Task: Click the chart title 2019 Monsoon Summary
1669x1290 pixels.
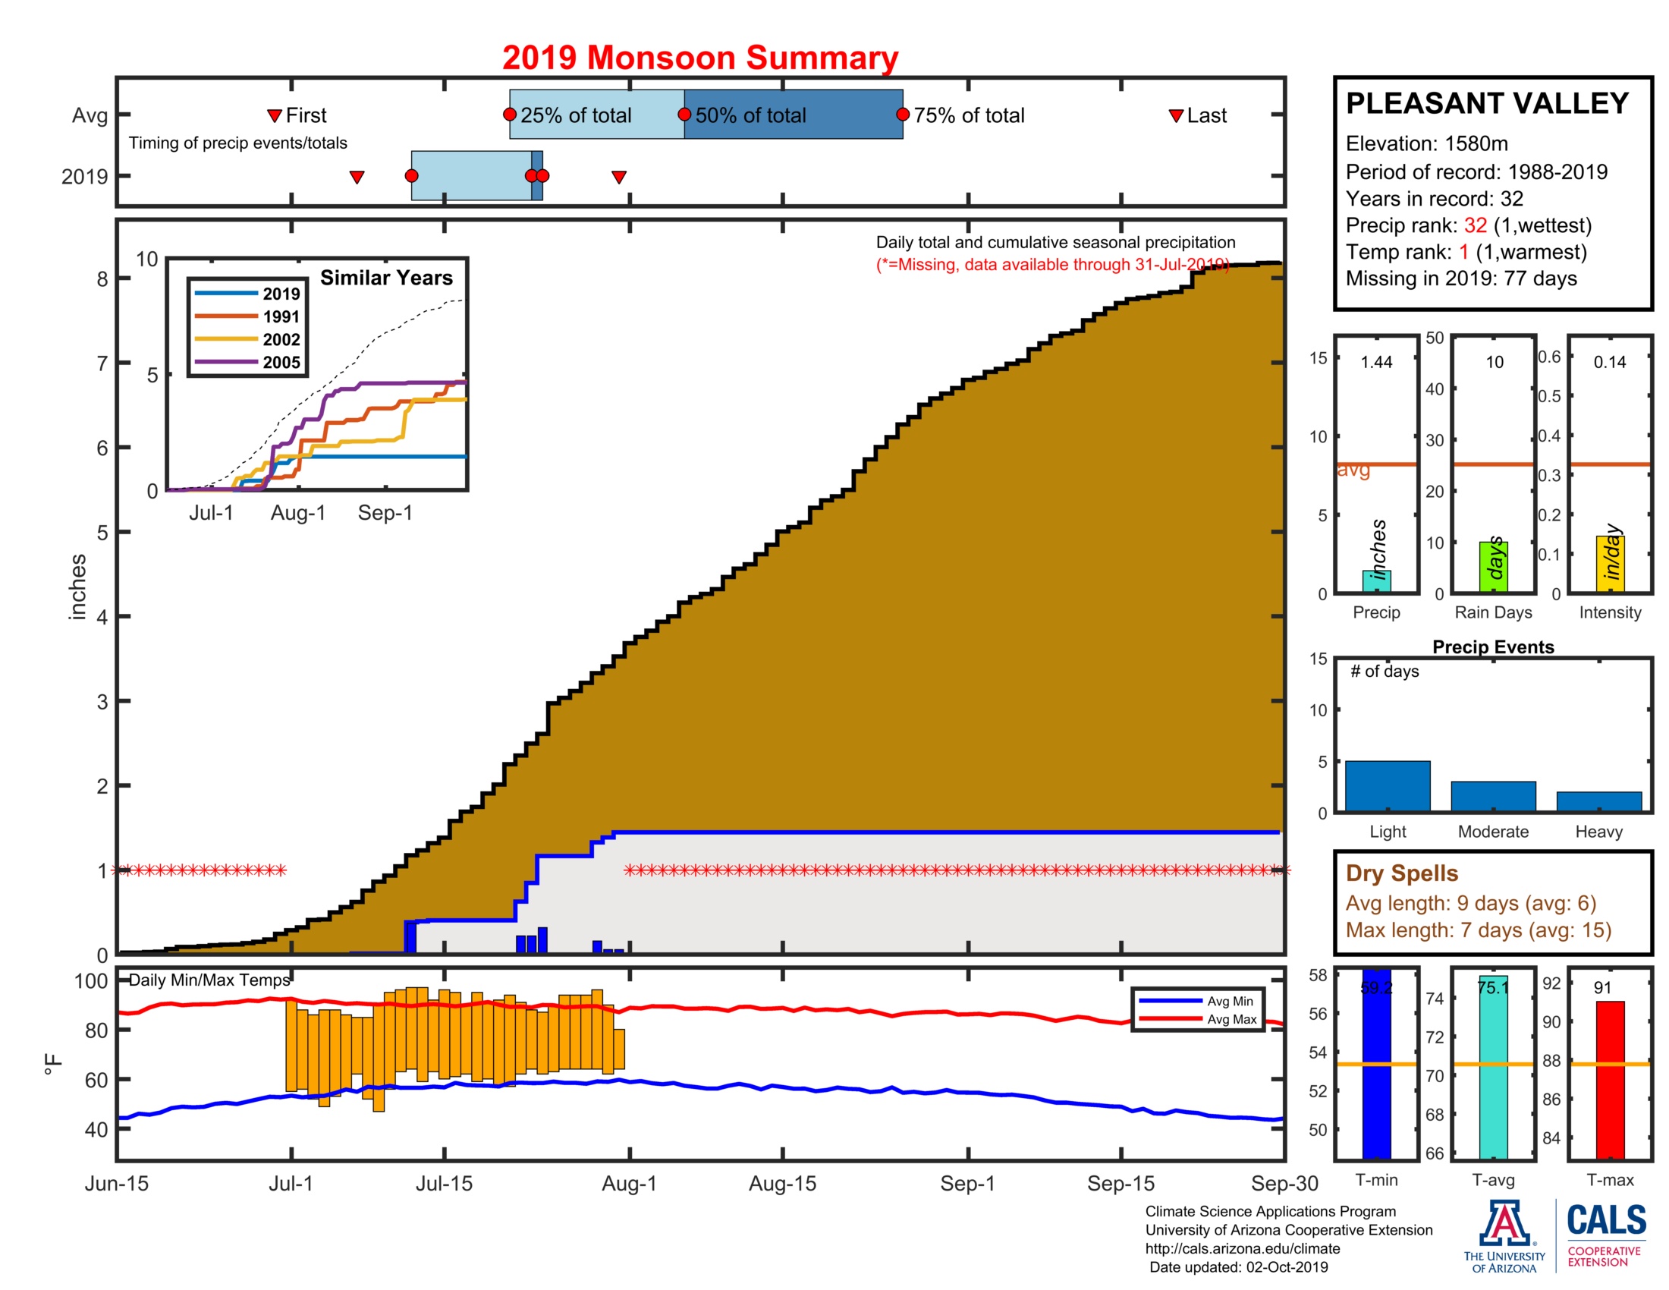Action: [699, 58]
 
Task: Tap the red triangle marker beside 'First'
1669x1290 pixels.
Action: [275, 116]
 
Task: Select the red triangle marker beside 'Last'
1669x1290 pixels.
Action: [1176, 116]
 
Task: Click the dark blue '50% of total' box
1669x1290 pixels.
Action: [793, 115]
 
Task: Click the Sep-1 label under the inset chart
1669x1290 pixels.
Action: [385, 513]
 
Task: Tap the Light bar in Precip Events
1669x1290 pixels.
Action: [1387, 785]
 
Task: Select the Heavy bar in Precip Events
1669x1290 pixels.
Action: [1598, 801]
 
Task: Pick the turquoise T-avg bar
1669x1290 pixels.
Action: [1492, 1067]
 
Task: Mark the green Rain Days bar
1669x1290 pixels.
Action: [1492, 566]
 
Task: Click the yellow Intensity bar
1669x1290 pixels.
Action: [1609, 564]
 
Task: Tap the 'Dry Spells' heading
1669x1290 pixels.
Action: [1401, 873]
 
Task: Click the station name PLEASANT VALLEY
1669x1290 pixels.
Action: [1487, 103]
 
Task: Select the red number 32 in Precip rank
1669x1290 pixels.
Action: [1475, 225]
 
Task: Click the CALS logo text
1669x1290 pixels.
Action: [1606, 1220]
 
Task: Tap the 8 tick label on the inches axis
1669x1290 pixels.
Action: [102, 279]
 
